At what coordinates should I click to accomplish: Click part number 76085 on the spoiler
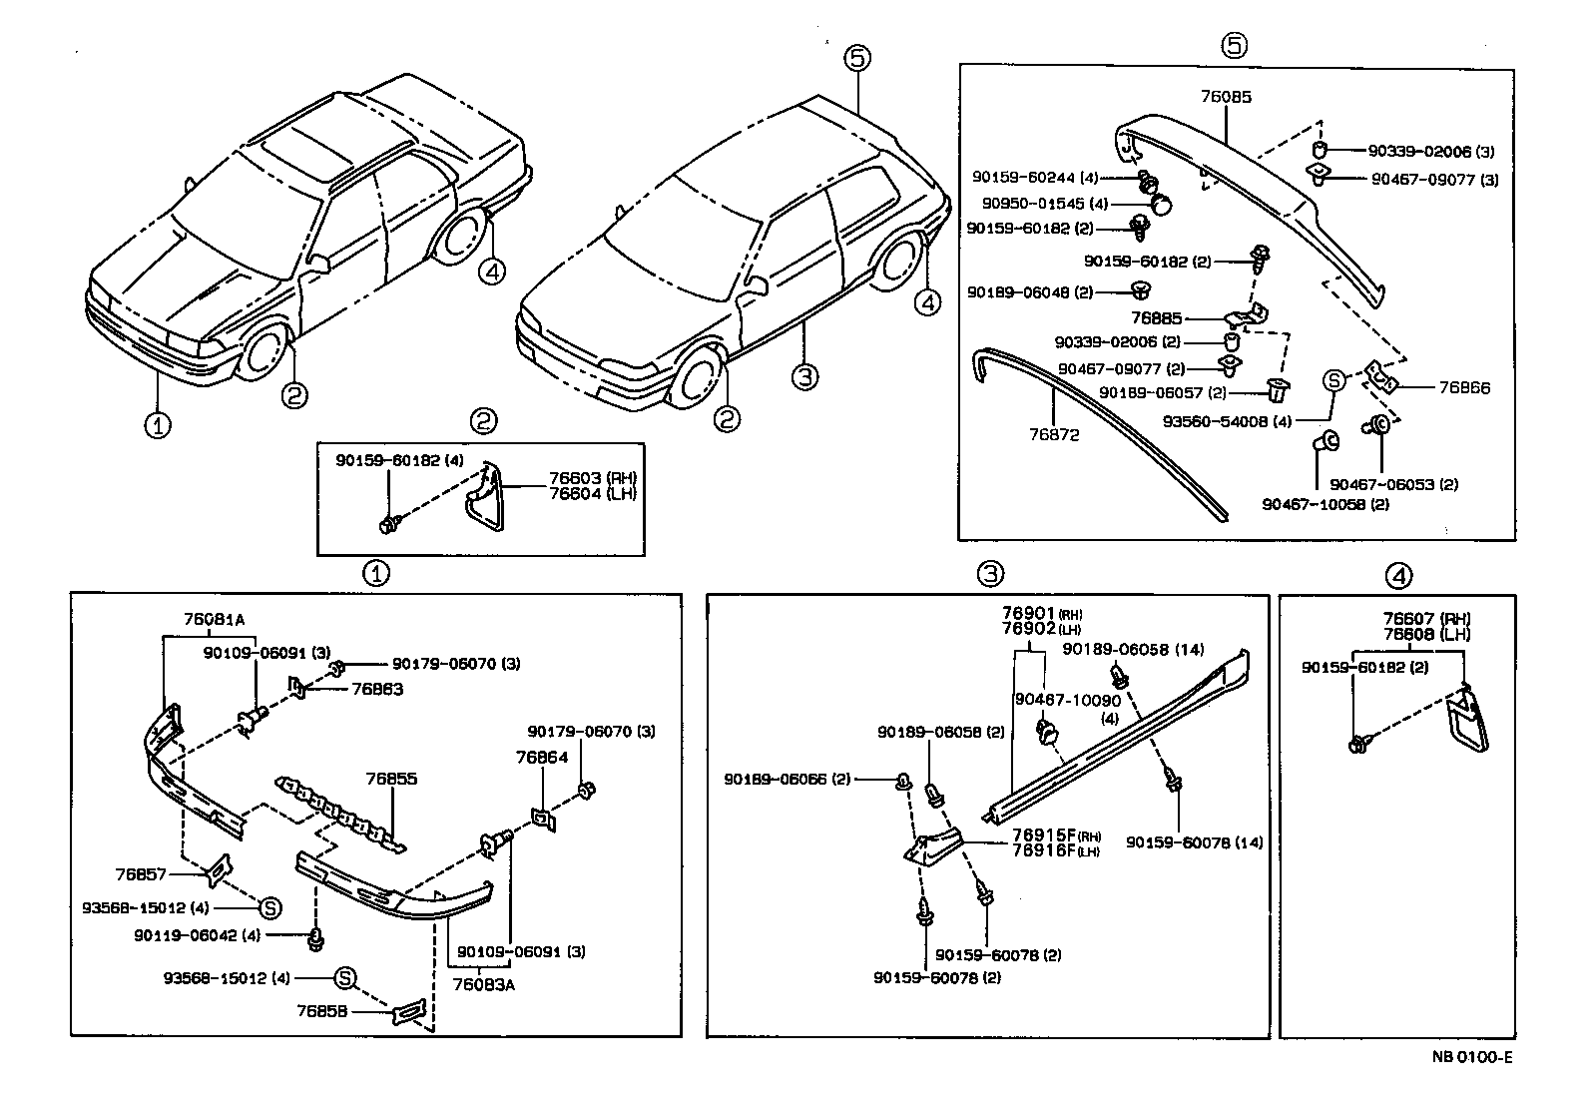[1226, 98]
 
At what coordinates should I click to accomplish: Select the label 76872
[1054, 435]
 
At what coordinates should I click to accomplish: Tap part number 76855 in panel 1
[391, 779]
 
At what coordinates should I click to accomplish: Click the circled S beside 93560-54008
[1333, 380]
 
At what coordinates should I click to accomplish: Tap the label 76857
[140, 874]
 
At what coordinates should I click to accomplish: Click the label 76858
[321, 1010]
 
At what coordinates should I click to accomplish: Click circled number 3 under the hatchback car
[805, 377]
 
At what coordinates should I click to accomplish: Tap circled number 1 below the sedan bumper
[156, 425]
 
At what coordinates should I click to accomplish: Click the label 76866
[1465, 388]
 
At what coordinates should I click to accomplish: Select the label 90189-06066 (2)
[787, 779]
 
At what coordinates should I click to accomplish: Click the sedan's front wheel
[262, 353]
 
